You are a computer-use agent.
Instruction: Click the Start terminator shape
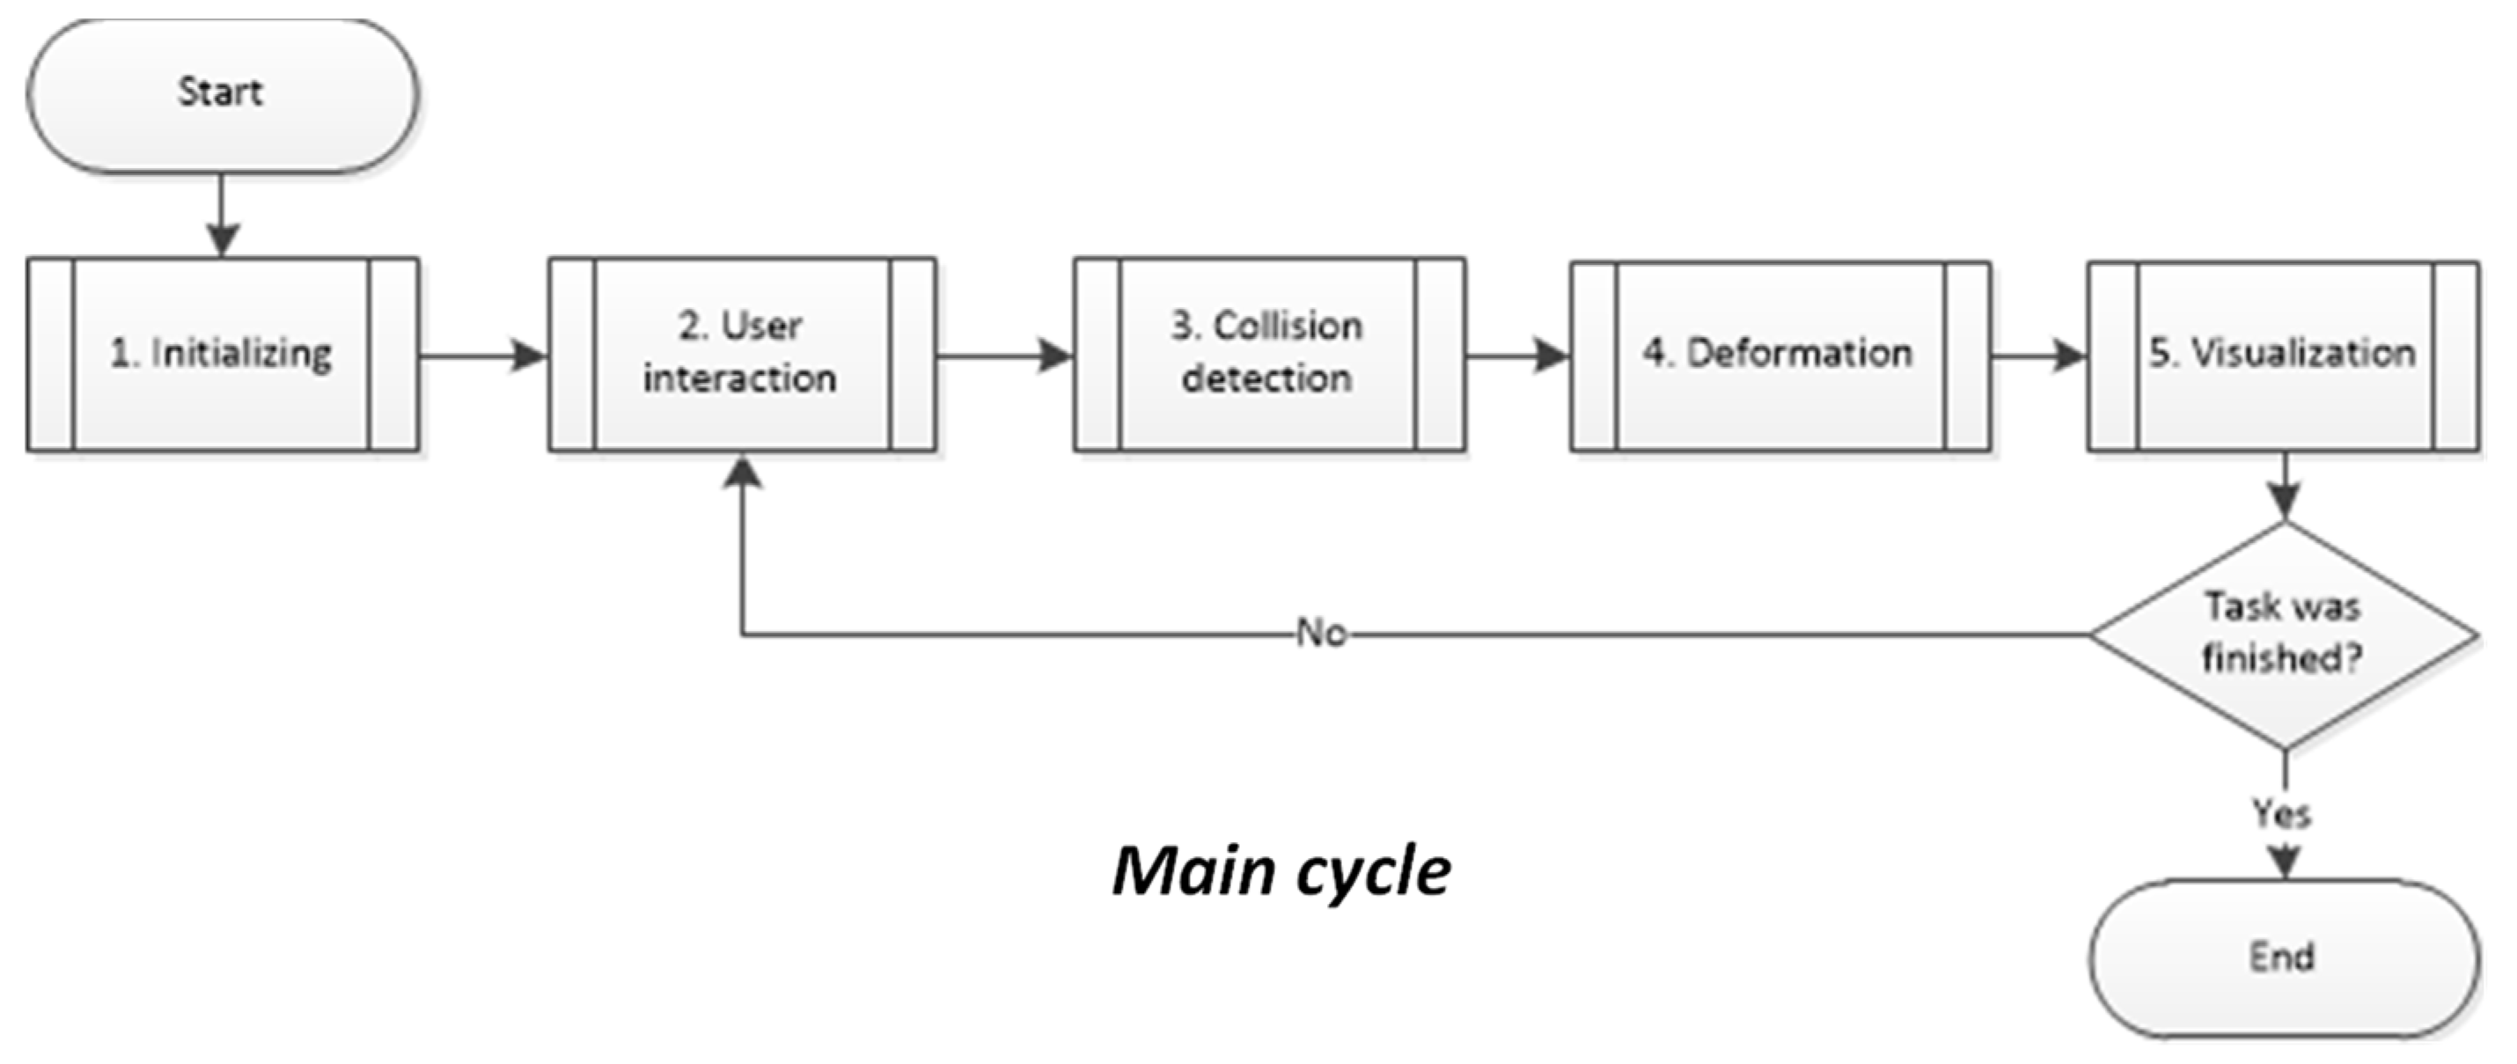[222, 95]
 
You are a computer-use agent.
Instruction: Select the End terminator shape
[2284, 957]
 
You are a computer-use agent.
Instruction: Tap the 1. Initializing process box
[222, 354]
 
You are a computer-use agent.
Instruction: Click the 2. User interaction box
[742, 354]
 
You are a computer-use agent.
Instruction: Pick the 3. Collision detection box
[1268, 354]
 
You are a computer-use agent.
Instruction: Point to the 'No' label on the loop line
[1321, 633]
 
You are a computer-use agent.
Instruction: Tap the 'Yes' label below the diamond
[2281, 813]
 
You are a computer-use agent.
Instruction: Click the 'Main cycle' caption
[1281, 870]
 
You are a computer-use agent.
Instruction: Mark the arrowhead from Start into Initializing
[223, 238]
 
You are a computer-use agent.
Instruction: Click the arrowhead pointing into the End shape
[2284, 862]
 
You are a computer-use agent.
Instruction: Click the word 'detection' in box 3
[1267, 379]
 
